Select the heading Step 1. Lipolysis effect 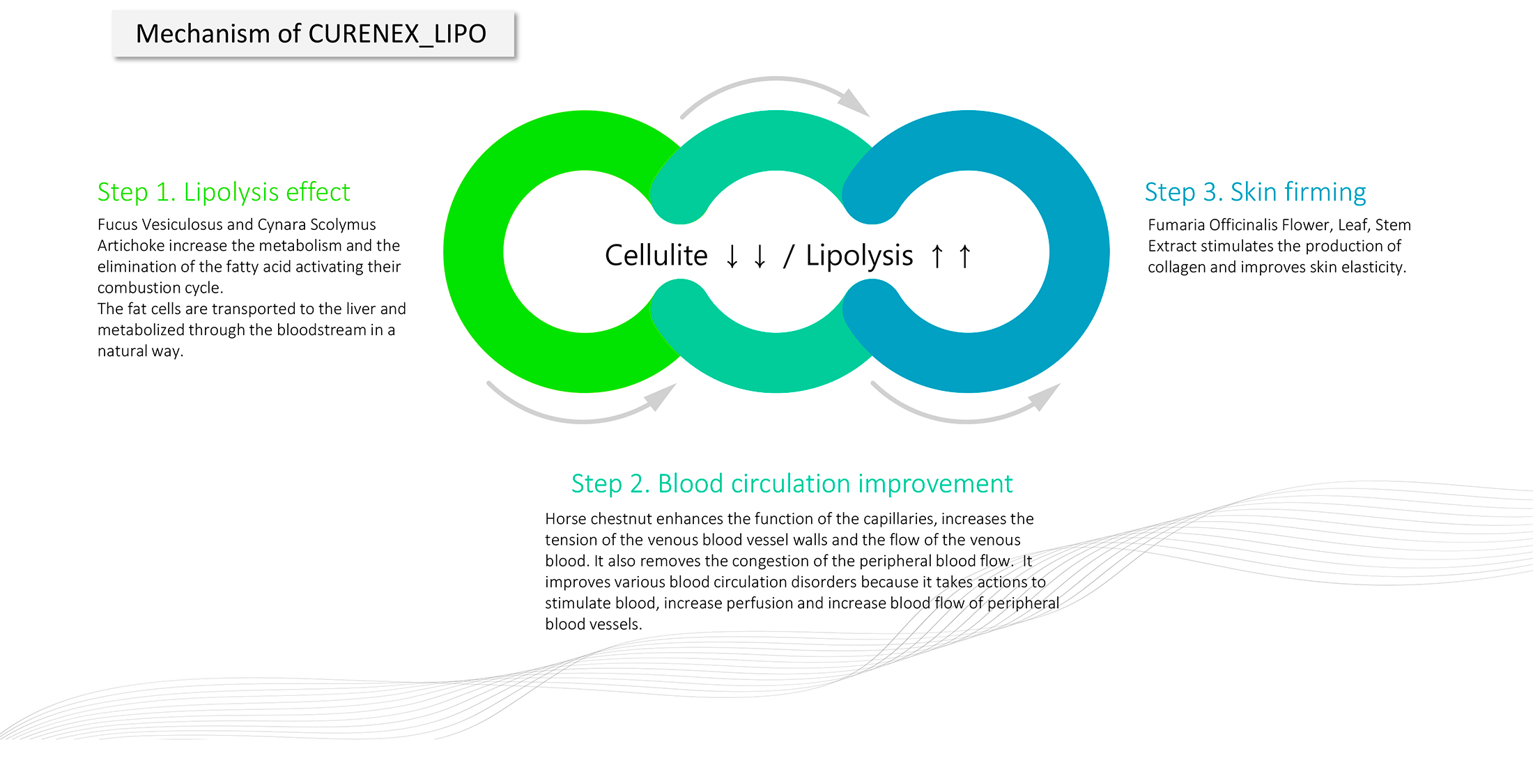(x=224, y=192)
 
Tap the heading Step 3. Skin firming (x=1255, y=192)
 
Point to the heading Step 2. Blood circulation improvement (x=792, y=483)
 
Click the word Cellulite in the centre (x=656, y=256)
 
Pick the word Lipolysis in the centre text (x=859, y=256)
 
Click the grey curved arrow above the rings (x=775, y=91)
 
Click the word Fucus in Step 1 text (x=116, y=224)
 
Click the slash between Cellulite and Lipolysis (x=788, y=256)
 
